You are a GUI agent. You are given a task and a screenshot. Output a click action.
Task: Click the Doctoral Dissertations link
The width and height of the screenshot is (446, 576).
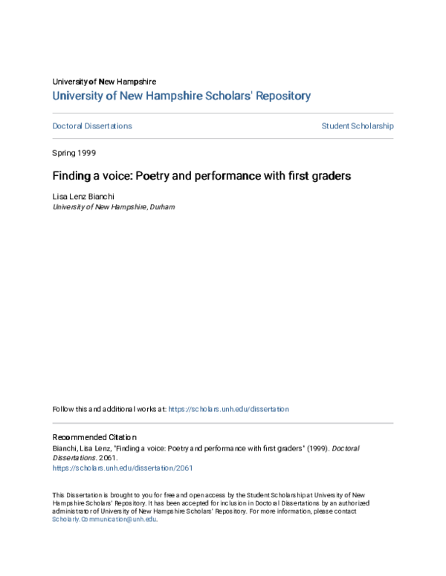(92, 126)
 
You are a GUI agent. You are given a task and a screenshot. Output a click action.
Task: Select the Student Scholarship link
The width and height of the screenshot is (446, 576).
(357, 126)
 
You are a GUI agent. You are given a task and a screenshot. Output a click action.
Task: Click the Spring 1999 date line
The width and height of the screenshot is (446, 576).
(74, 152)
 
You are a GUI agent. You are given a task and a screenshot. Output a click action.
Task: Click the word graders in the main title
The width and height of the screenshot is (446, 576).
(331, 177)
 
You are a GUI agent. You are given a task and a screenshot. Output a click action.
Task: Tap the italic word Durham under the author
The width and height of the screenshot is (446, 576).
(162, 208)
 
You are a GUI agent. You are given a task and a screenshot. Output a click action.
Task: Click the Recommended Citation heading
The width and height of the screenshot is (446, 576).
(94, 438)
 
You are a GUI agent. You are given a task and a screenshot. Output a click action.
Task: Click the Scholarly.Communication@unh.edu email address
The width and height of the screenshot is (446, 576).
(104, 520)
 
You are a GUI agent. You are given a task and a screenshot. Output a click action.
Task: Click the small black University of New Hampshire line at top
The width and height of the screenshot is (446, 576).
(104, 82)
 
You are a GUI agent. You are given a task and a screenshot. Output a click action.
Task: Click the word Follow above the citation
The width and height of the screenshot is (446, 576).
(62, 409)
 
